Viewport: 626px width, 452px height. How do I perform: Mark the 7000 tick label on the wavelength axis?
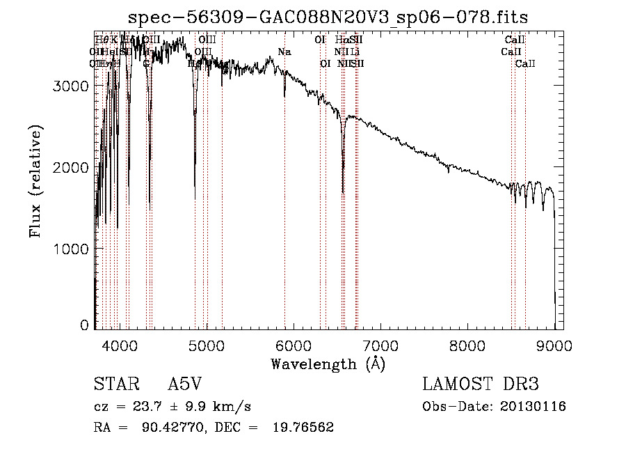coord(380,345)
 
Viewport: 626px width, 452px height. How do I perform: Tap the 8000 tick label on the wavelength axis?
coord(468,345)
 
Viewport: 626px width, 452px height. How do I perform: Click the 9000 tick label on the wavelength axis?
coord(554,345)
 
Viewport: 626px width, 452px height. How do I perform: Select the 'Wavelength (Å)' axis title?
coord(328,364)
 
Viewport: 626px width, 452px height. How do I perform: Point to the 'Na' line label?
coord(284,52)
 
